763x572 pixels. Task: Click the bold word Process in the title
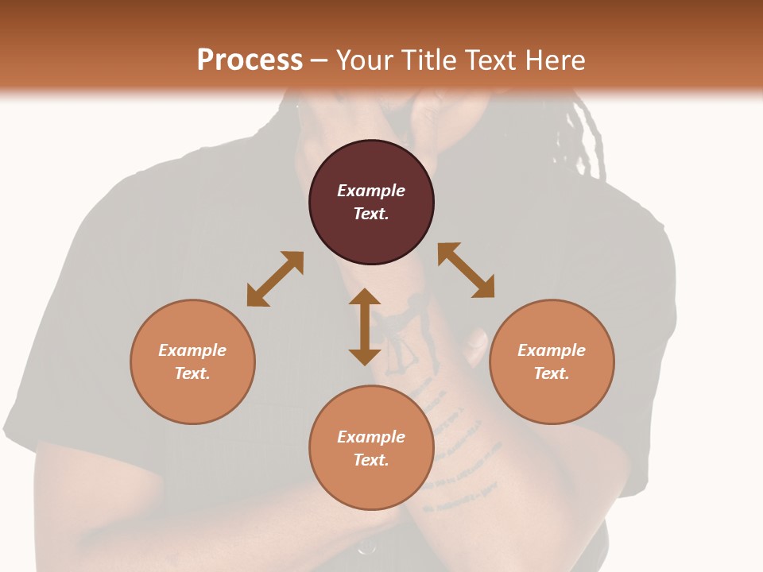pyautogui.click(x=250, y=60)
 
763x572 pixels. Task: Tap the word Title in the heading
pyautogui.click(x=428, y=60)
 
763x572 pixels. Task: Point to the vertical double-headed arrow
pyautogui.click(x=365, y=327)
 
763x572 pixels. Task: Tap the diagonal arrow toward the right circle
pyautogui.click(x=467, y=270)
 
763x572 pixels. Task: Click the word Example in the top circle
pyautogui.click(x=371, y=191)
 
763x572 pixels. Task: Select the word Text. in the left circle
pyautogui.click(x=192, y=373)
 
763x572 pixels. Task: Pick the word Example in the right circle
pyautogui.click(x=552, y=350)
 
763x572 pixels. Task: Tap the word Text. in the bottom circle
pyautogui.click(x=371, y=460)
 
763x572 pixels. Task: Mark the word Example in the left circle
pyautogui.click(x=192, y=350)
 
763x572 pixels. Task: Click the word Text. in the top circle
pyautogui.click(x=371, y=214)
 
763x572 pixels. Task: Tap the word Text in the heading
pyautogui.click(x=492, y=60)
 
